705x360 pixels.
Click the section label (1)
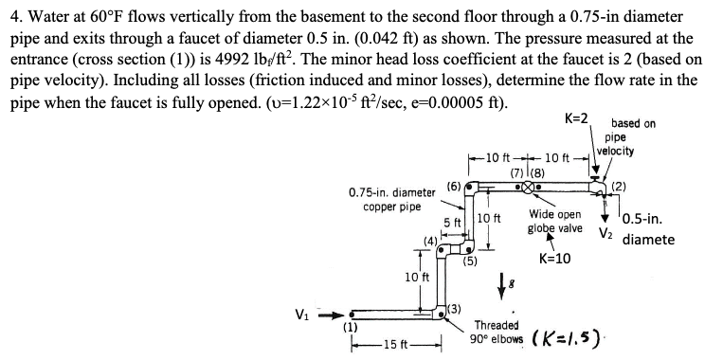pos(350,326)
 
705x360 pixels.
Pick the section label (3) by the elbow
pos(454,308)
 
